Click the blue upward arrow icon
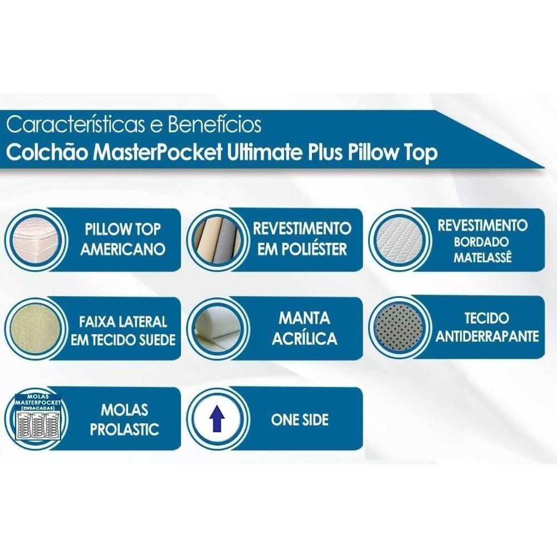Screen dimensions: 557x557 217,420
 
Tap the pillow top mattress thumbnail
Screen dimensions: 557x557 35,240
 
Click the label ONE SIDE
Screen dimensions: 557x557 300,420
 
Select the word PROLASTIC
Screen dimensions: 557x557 124,429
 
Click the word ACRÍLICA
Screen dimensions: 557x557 304,338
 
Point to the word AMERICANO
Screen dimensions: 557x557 123,249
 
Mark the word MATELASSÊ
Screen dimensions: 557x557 482,258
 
